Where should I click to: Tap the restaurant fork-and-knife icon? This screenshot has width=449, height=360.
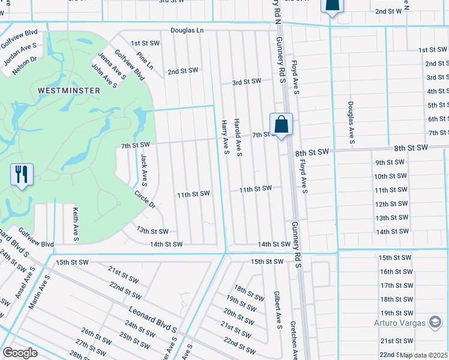[22, 175]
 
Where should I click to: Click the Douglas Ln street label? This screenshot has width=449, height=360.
[187, 29]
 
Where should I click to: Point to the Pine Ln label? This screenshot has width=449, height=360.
[145, 61]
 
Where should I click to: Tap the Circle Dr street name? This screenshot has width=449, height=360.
[145, 200]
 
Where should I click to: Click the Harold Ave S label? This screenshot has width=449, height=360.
[238, 137]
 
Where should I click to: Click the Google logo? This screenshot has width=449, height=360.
[20, 353]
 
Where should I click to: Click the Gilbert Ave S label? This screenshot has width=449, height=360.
[278, 310]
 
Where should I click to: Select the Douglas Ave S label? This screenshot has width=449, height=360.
[351, 122]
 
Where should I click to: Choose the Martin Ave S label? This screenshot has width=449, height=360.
[37, 293]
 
